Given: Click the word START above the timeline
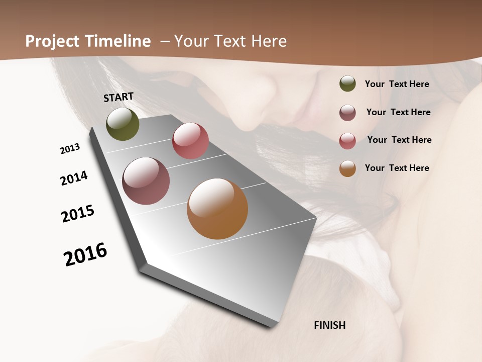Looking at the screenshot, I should click(118, 97).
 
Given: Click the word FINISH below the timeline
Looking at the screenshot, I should click(329, 325).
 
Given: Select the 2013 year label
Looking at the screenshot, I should click(70, 149).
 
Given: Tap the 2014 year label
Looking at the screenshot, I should click(74, 178).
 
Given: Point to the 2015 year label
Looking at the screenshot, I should click(78, 214).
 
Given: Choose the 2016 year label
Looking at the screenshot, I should click(85, 254).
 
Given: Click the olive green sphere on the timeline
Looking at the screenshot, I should click(123, 124).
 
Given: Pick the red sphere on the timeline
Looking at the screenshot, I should click(190, 141).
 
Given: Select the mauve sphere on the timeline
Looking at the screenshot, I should click(146, 181).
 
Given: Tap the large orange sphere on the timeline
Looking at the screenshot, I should click(217, 209).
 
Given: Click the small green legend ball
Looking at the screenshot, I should click(347, 84).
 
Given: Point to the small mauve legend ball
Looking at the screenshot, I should click(347, 113).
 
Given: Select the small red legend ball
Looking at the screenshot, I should click(347, 140).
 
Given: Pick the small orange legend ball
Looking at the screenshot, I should click(347, 168).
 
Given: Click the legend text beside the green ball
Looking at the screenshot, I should click(397, 84).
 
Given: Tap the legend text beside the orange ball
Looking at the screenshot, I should click(397, 168).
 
